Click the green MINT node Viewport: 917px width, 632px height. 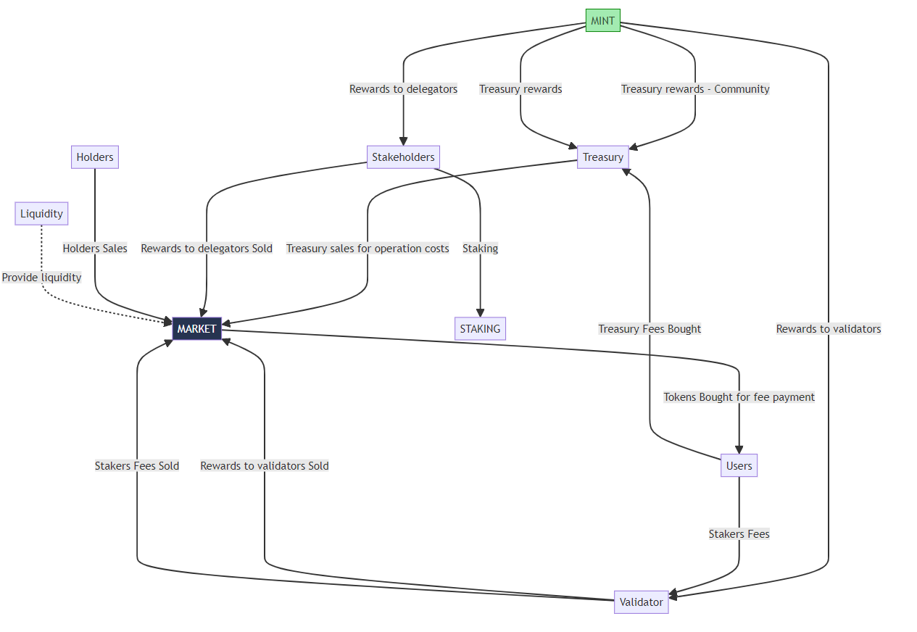click(x=602, y=20)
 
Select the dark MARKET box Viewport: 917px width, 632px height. click(x=196, y=328)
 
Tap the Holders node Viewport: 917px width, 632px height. click(x=95, y=157)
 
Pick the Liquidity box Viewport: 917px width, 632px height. click(x=41, y=214)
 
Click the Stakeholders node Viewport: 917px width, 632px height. click(x=403, y=157)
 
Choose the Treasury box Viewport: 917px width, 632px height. click(x=602, y=157)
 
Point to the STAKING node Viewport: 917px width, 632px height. click(x=480, y=328)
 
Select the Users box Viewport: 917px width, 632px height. click(x=739, y=465)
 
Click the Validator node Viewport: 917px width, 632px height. click(x=641, y=602)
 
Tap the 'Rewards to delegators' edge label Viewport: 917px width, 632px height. click(x=403, y=89)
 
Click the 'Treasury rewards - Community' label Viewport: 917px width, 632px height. click(x=694, y=89)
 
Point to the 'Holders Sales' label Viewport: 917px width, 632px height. click(x=95, y=249)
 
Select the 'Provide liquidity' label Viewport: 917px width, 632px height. click(x=41, y=278)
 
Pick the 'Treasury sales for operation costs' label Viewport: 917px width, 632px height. click(x=368, y=249)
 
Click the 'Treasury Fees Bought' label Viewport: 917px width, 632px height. click(x=650, y=329)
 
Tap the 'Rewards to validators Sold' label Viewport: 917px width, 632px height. click(x=265, y=466)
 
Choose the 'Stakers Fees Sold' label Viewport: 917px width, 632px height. click(x=137, y=466)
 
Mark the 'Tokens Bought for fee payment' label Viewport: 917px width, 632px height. click(x=739, y=397)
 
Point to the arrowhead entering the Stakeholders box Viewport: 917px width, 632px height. click(x=403, y=142)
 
